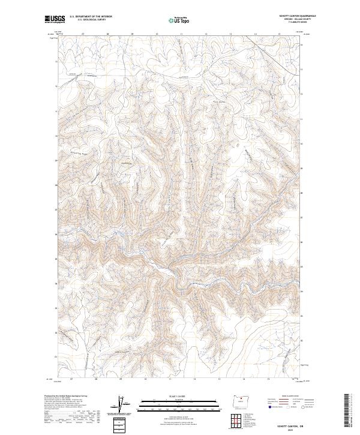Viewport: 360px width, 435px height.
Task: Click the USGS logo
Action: point(55,20)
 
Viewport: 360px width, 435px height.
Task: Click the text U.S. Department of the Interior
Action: point(91,17)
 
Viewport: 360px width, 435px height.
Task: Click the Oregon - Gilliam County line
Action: point(294,20)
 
